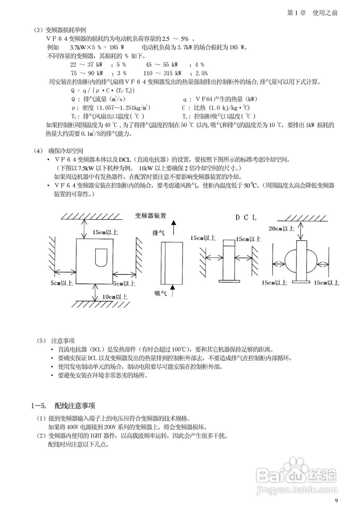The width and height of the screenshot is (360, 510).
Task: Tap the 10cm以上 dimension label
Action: tap(115, 296)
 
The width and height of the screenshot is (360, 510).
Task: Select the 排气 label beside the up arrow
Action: tap(158, 232)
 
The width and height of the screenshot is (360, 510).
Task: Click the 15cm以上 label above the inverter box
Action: tap(105, 231)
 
